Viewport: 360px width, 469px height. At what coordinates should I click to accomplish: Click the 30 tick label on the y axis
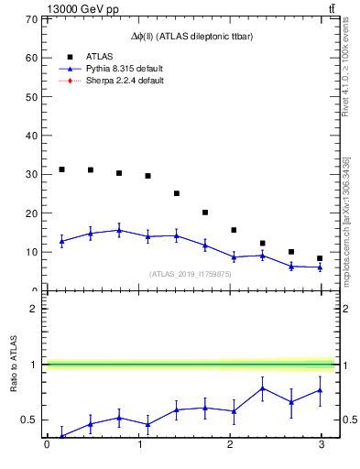point(31,174)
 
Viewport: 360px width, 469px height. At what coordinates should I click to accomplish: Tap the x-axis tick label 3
point(320,446)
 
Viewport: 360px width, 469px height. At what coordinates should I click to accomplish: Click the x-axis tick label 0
point(47,446)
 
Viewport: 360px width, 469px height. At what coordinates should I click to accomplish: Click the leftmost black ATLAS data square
point(61,169)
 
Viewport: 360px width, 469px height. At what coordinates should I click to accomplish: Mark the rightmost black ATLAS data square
point(320,258)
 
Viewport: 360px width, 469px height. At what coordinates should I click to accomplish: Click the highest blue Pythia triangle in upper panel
point(119,231)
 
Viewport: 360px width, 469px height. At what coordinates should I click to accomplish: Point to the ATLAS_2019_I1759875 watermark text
point(190,274)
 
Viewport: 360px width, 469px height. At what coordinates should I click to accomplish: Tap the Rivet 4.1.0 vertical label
point(346,73)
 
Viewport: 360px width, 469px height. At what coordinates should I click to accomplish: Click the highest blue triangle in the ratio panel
point(262,388)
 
